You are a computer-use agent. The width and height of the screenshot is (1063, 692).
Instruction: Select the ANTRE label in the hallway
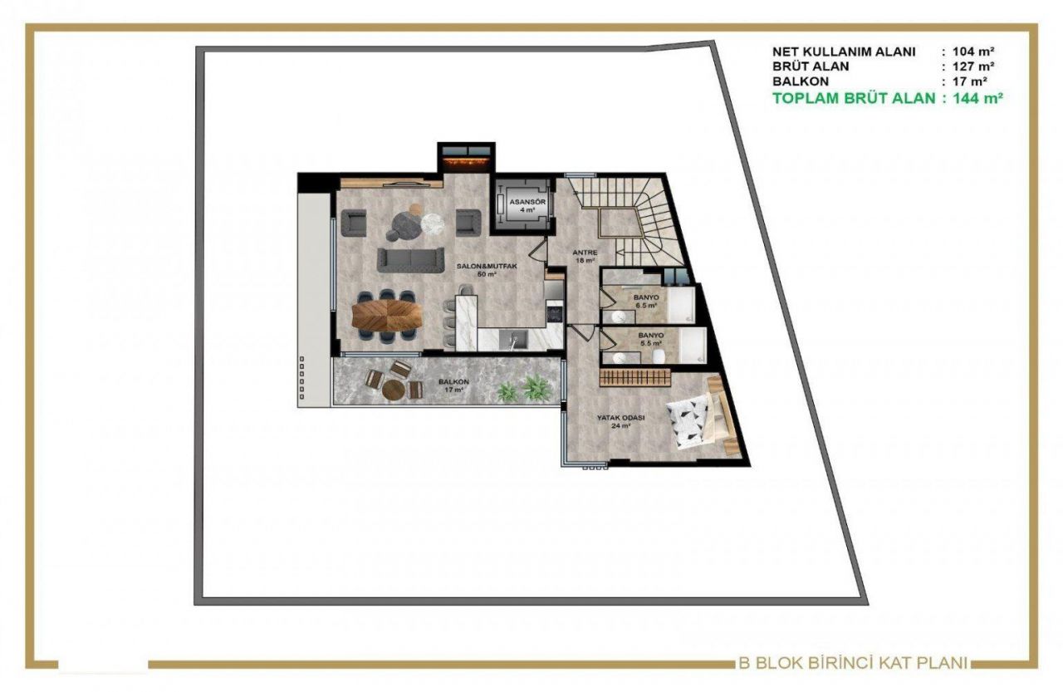point(585,256)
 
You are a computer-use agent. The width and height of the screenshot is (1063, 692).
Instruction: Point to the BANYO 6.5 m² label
point(645,301)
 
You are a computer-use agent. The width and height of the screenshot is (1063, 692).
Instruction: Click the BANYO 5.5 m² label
point(650,339)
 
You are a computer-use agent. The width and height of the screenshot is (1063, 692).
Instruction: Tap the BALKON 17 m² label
point(453,385)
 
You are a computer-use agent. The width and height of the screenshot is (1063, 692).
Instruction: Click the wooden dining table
point(386,315)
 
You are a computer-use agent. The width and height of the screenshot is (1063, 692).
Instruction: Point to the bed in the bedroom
point(698,417)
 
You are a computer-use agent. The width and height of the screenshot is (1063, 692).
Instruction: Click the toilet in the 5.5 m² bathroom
point(659,356)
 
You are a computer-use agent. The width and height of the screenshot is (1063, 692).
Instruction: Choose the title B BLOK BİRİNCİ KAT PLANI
point(853,663)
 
